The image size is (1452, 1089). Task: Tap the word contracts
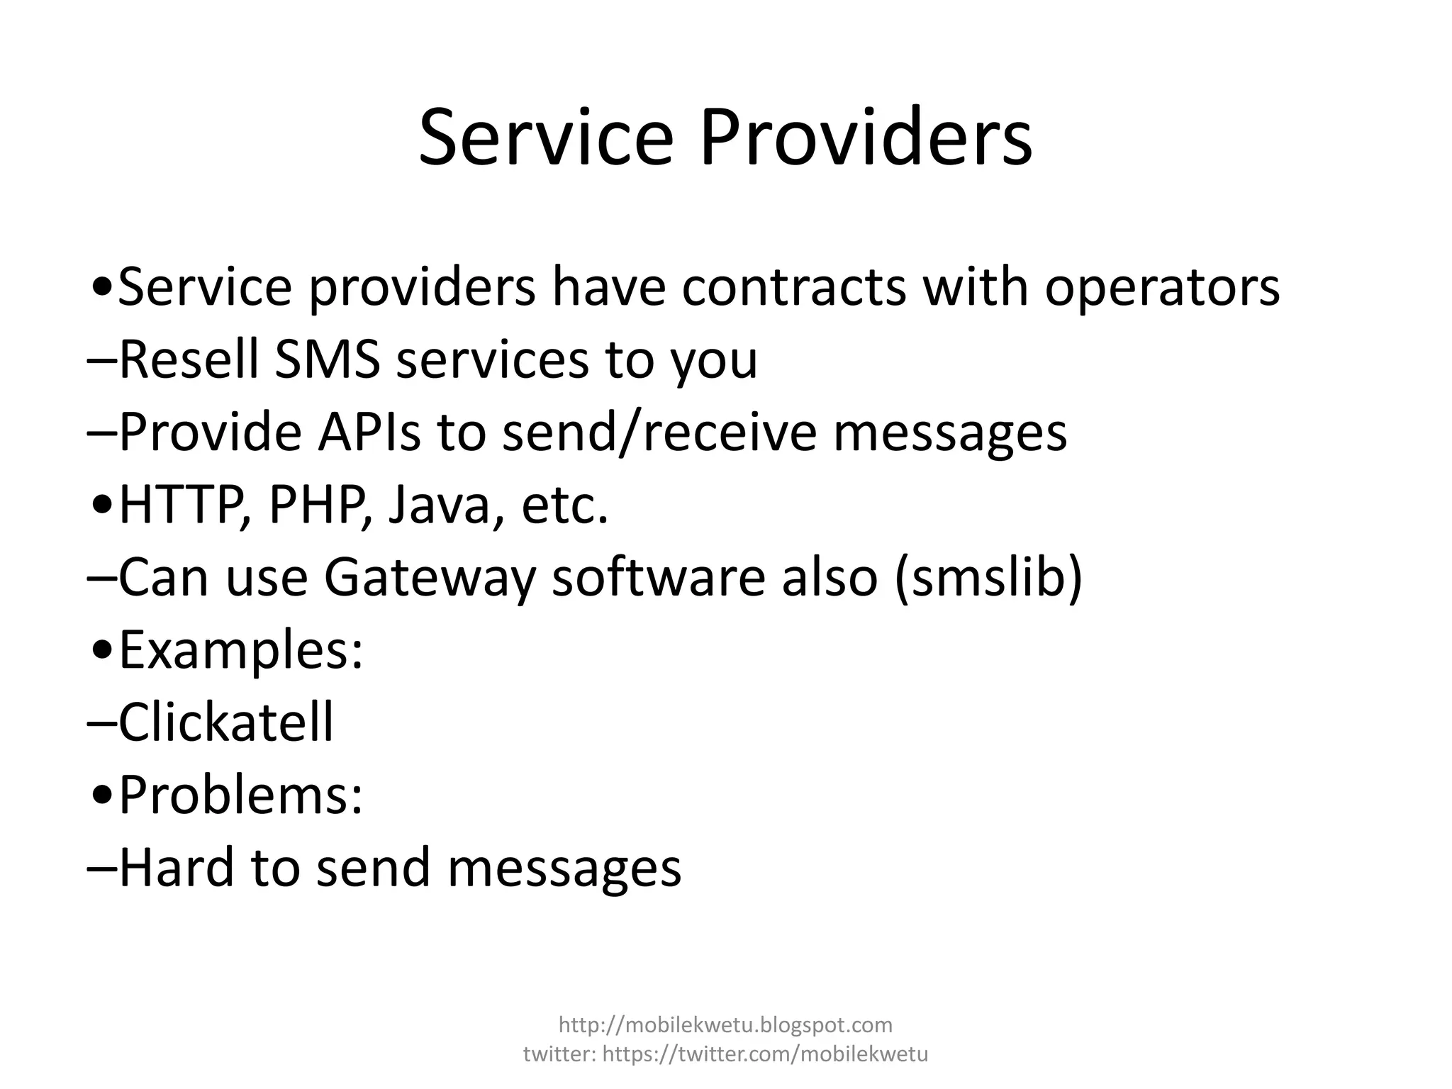(794, 287)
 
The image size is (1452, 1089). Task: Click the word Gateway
(429, 579)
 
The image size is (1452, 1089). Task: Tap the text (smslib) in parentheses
(989, 577)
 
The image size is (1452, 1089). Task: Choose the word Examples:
(241, 651)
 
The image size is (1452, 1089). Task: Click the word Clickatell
(225, 722)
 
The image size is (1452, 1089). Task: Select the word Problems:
(241, 795)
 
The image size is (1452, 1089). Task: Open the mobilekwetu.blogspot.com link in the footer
(725, 1024)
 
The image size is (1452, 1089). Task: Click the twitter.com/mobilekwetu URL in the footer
(765, 1054)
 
